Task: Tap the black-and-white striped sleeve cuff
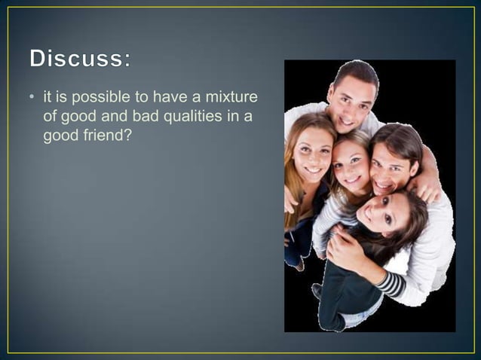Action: click(391, 284)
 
